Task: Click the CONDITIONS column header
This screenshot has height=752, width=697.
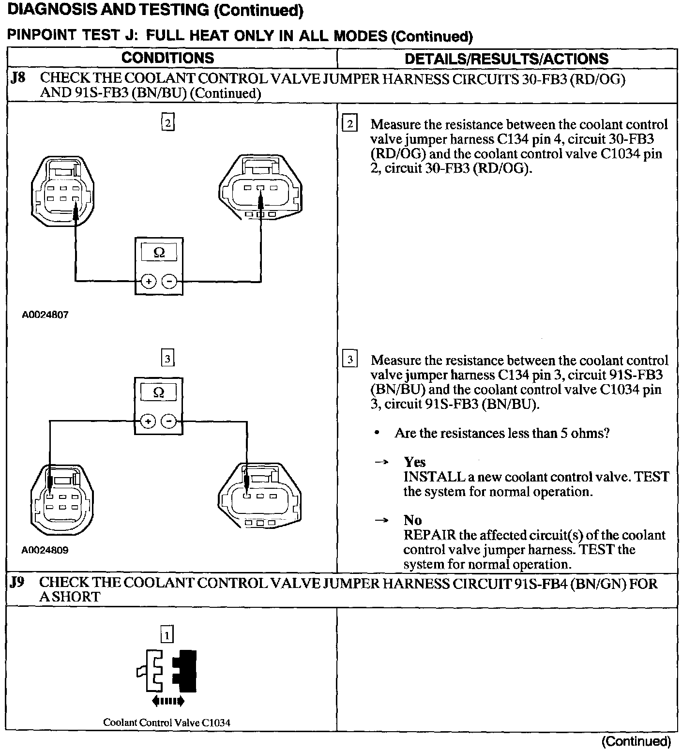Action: (x=167, y=58)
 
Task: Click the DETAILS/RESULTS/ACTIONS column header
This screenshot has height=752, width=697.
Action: (x=506, y=59)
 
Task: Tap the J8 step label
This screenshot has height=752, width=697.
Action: (x=18, y=78)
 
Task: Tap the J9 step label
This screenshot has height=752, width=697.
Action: (x=17, y=583)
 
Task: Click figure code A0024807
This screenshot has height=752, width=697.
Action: (x=45, y=315)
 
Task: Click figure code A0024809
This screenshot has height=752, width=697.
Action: (x=45, y=550)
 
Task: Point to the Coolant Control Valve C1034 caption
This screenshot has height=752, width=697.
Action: (x=167, y=722)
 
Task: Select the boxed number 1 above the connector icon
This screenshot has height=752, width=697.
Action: (x=167, y=634)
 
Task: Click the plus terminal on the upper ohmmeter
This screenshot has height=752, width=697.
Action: (x=149, y=281)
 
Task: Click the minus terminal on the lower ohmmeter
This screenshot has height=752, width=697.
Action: (x=169, y=421)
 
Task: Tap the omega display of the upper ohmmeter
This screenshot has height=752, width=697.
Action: (x=159, y=252)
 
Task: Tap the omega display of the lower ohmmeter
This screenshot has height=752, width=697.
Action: (x=158, y=392)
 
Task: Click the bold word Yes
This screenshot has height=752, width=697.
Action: (x=414, y=462)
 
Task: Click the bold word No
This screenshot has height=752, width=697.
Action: (x=412, y=520)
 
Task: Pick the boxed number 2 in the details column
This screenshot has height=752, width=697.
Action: (x=349, y=124)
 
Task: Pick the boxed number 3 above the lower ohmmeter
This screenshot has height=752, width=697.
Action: (x=167, y=359)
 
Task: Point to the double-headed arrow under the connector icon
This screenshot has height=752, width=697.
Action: (x=167, y=700)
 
